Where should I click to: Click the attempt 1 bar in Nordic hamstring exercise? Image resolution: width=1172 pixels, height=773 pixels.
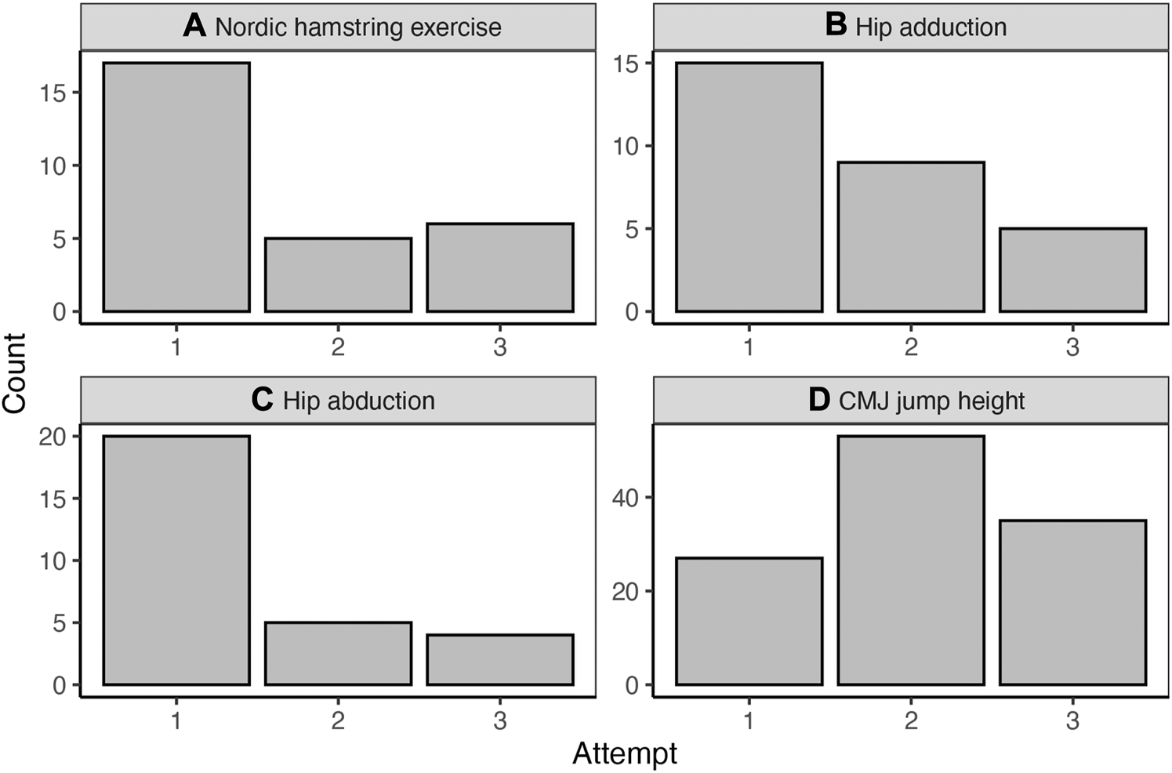pos(176,187)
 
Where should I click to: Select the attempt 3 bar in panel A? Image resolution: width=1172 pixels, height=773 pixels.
pos(500,268)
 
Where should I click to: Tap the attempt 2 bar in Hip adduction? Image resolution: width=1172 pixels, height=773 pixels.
pos(911,237)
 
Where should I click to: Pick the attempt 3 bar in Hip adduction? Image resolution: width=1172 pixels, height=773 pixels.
pos(1072,270)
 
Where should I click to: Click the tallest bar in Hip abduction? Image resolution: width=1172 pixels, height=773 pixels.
pos(176,561)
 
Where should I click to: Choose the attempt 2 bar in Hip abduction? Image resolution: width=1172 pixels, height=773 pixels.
pos(338,654)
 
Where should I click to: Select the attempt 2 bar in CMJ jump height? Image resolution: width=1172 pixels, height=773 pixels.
pos(911,561)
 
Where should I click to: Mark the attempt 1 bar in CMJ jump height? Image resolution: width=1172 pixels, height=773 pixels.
pos(749,622)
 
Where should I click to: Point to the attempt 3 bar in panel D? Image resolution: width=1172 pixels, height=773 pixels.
pos(1072,603)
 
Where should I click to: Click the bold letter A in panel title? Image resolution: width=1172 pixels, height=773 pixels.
pos(194,26)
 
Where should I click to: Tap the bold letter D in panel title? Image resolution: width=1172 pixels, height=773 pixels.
pos(818,400)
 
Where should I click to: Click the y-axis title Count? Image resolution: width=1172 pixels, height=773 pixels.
pos(15,373)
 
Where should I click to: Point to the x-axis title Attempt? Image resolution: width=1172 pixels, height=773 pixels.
pos(625,753)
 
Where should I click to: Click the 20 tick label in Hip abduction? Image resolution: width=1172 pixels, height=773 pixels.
pos(53,437)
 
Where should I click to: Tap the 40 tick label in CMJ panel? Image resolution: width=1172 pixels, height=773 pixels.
pos(626,498)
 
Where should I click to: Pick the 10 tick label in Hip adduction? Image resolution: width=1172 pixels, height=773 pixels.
pos(627,147)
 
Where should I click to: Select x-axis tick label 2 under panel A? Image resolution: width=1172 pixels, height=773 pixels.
pos(338,347)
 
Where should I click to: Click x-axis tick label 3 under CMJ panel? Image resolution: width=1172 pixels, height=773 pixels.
pos(1072,720)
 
